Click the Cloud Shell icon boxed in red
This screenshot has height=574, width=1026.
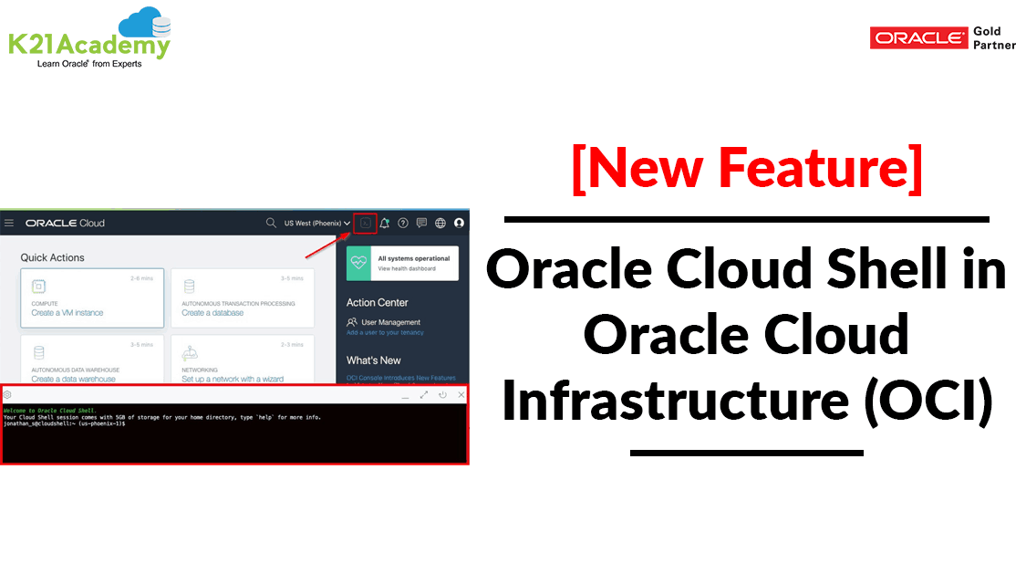pos(366,223)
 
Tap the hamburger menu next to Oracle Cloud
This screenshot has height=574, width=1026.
pos(9,223)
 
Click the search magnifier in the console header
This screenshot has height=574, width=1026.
pos(271,223)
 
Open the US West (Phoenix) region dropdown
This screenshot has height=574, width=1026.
pos(316,223)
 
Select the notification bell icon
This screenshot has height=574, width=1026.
pos(385,223)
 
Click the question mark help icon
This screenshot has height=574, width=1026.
pos(403,223)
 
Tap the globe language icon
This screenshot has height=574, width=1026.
pos(440,223)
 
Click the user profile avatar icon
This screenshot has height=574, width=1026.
pos(459,223)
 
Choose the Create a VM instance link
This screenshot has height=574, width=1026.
pos(67,313)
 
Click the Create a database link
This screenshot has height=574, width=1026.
pos(212,313)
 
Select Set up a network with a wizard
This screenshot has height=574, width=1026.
pos(233,379)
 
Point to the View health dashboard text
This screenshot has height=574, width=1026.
pos(408,268)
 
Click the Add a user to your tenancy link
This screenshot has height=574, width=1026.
pos(386,332)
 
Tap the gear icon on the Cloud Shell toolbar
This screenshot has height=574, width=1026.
pos(7,394)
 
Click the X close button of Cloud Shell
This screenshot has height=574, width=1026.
pos(461,394)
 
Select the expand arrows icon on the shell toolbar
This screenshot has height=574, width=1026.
pos(424,394)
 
